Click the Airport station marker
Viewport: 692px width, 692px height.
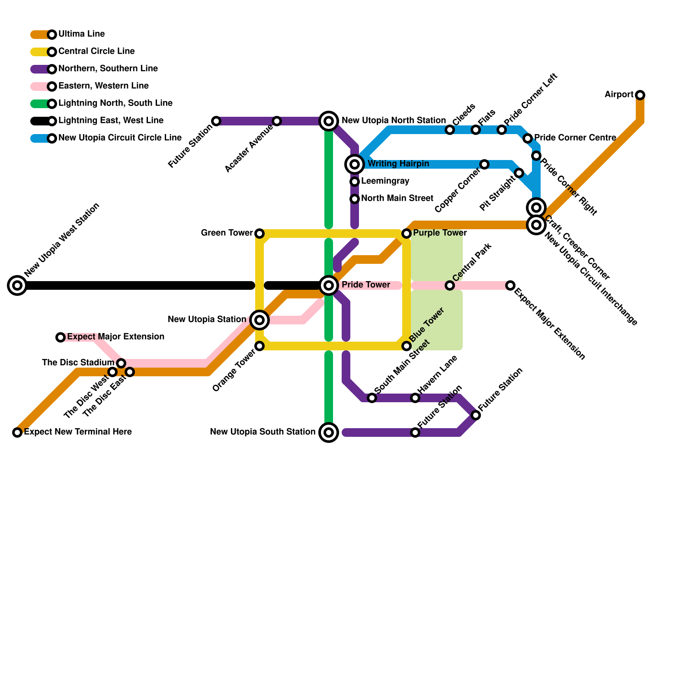[x=640, y=95]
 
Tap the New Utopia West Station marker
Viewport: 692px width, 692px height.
[x=17, y=285]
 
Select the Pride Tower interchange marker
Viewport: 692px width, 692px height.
[x=329, y=285]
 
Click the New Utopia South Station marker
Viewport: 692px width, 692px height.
[x=329, y=432]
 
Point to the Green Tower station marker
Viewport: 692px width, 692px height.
[x=259, y=234]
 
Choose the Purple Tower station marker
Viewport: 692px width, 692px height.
[x=407, y=234]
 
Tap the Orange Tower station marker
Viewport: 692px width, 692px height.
[x=259, y=346]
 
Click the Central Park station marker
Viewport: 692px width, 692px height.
[x=450, y=285]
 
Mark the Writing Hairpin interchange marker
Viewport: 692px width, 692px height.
[x=355, y=164]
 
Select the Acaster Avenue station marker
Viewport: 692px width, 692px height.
[x=277, y=121]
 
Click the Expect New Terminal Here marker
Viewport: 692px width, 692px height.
[x=17, y=432]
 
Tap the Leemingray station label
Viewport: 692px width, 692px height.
[x=385, y=181]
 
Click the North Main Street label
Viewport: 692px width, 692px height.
[x=397, y=199]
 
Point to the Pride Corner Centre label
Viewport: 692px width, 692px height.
[x=575, y=138]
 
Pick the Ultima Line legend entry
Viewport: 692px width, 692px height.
[x=81, y=34]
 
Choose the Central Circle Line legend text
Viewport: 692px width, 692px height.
[x=96, y=51]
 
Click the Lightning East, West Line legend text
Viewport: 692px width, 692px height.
[x=111, y=121]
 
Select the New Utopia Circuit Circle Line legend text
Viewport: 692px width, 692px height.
[x=120, y=138]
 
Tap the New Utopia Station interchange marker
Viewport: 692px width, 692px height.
[x=259, y=320]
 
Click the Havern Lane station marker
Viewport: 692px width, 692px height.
[x=415, y=398]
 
